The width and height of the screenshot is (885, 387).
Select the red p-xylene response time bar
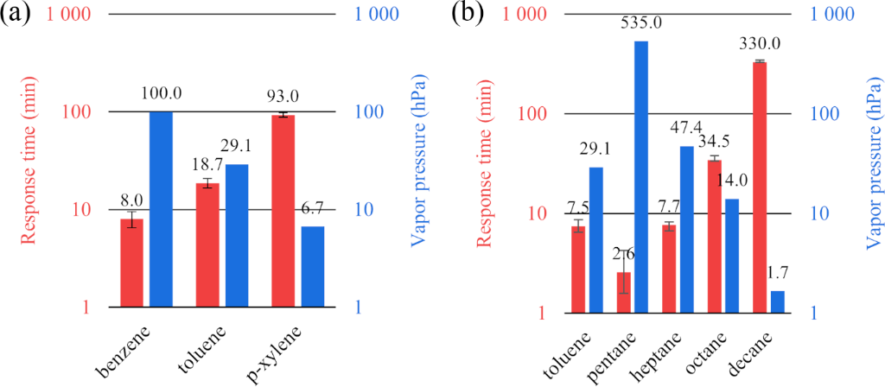coord(283,211)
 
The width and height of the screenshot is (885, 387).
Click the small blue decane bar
coord(778,301)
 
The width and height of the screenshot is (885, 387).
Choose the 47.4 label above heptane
coord(688,130)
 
